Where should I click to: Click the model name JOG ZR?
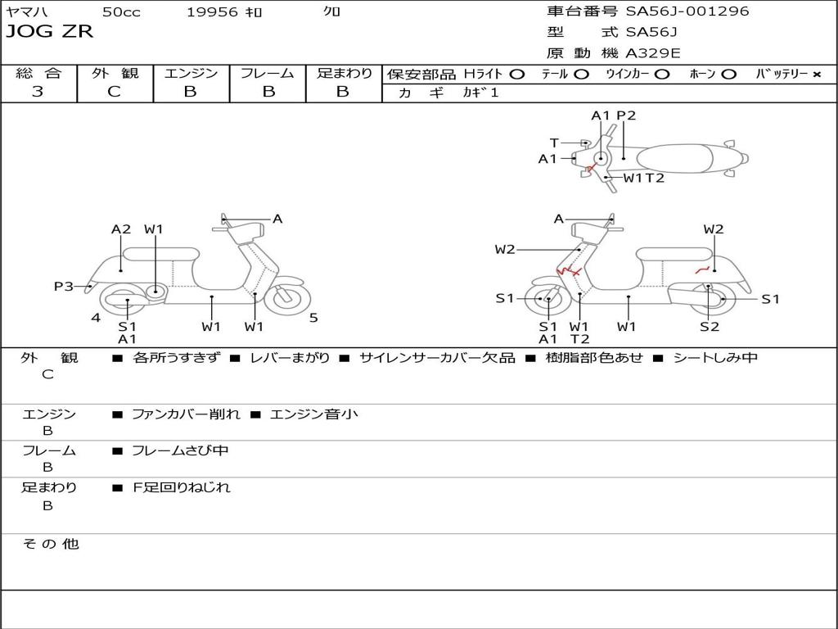pos(50,32)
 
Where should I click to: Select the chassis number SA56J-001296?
pos(687,11)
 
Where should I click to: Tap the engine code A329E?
pos(653,54)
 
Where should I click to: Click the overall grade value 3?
pos(38,92)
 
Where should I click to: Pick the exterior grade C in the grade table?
pos(114,92)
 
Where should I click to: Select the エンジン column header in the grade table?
pos(191,73)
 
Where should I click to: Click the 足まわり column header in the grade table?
pos(344,73)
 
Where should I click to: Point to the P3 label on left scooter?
pos(64,286)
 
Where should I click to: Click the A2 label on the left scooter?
pos(121,229)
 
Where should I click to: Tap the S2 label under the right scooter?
pos(709,327)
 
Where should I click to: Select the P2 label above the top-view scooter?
pos(626,115)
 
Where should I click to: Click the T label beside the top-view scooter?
pos(577,143)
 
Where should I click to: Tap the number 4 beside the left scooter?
pos(96,318)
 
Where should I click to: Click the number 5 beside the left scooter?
pos(313,318)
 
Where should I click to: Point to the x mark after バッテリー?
pos(816,74)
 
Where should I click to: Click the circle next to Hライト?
pos(516,74)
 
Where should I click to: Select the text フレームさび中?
pos(181,450)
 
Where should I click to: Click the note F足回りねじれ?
pos(182,487)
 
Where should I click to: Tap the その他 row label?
pos(50,544)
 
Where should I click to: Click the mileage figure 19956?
pos(212,11)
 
